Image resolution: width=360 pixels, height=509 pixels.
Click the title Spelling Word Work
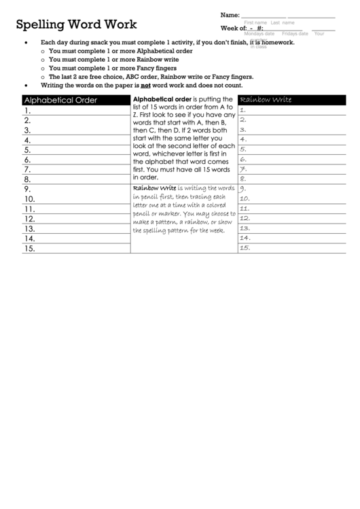(x=76, y=25)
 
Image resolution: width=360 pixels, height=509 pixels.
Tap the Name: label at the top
(x=230, y=15)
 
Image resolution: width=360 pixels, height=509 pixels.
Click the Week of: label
(x=234, y=28)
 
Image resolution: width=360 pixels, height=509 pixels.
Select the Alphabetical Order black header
(x=61, y=100)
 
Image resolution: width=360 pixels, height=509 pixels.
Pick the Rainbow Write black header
(x=266, y=100)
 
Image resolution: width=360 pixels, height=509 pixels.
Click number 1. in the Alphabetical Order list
(x=28, y=110)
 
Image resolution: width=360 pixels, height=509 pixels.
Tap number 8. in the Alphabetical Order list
(x=28, y=179)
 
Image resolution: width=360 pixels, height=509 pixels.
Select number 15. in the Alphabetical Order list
(x=29, y=249)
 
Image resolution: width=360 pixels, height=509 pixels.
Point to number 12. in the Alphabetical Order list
(x=29, y=220)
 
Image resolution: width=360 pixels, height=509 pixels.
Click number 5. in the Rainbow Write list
(x=243, y=150)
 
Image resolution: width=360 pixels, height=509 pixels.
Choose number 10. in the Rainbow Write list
(x=246, y=199)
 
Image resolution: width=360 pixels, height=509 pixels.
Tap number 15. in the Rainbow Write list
(x=246, y=248)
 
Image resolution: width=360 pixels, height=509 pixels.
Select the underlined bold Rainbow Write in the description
(x=154, y=188)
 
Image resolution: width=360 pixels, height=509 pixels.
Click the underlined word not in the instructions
(x=145, y=86)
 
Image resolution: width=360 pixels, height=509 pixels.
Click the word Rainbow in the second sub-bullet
(x=146, y=60)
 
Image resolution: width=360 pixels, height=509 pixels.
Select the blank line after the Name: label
(x=264, y=16)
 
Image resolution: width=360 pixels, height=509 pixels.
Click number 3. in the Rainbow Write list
(x=243, y=130)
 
